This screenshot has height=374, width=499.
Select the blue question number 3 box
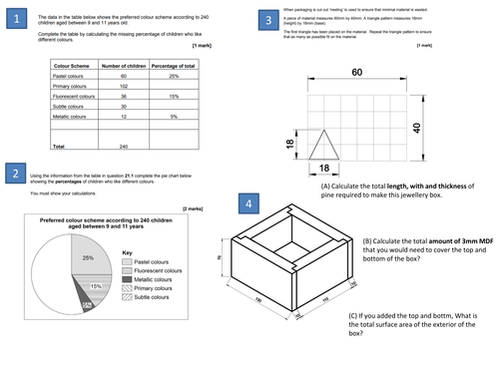264,19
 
